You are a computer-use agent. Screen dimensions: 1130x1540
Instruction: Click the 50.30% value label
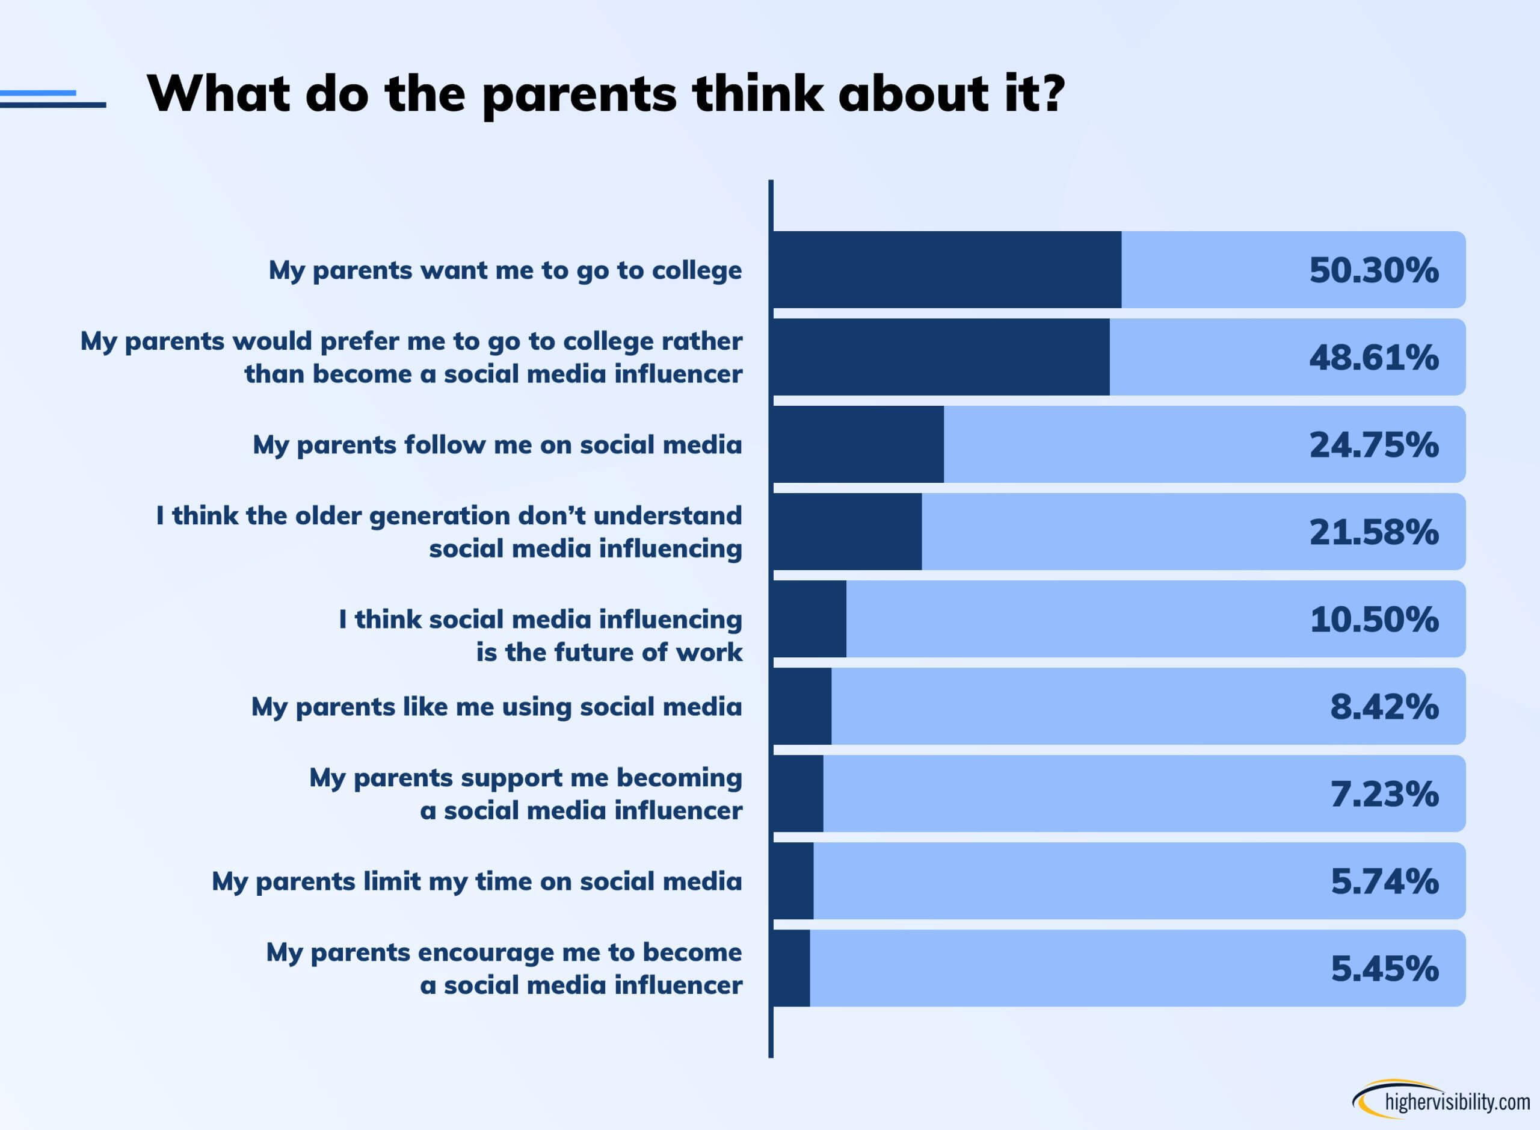tap(1373, 270)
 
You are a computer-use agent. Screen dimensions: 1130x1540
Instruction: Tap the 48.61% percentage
tap(1373, 358)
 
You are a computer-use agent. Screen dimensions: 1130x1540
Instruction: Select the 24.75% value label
tap(1373, 445)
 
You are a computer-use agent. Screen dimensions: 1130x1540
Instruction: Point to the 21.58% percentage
tap(1373, 532)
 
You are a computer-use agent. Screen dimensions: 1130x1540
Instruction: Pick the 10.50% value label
tap(1374, 619)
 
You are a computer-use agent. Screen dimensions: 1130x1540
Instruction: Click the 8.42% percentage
tap(1384, 707)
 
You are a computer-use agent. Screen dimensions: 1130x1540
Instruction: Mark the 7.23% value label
tap(1384, 794)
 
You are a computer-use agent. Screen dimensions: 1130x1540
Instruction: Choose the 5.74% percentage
tap(1384, 881)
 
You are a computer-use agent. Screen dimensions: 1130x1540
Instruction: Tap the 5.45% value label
tap(1384, 969)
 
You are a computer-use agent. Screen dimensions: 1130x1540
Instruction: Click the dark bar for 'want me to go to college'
tap(947, 270)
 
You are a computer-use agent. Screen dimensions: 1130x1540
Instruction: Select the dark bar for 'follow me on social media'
tap(858, 445)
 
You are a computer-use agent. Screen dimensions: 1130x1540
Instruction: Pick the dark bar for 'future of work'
tap(809, 619)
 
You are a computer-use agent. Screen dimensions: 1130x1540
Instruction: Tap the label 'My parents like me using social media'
tap(496, 707)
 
